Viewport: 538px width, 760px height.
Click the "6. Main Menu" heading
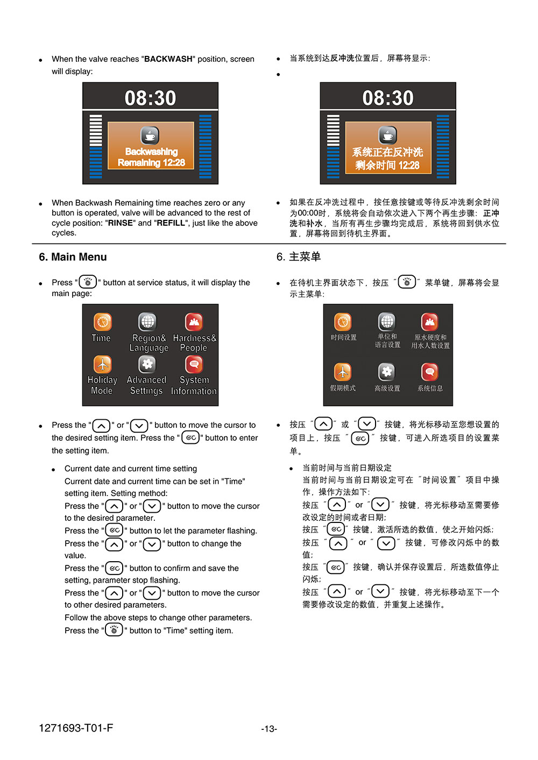point(73,257)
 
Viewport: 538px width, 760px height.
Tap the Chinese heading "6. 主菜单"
point(298,256)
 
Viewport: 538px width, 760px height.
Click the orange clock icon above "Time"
point(102,321)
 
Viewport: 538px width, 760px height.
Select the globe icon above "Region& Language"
point(147,321)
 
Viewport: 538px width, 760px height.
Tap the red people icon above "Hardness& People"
point(194,321)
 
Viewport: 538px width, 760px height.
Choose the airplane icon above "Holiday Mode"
point(102,364)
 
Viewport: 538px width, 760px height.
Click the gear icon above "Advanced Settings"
point(147,364)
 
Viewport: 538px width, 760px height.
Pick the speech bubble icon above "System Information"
point(194,364)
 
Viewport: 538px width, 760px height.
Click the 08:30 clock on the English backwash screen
point(150,98)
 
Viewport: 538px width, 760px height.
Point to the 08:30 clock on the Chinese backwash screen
point(388,98)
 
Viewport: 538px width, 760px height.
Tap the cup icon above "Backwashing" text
point(150,135)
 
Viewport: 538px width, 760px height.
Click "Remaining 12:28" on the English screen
point(151,162)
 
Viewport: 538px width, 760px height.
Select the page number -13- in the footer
point(269,728)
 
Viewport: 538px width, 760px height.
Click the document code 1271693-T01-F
point(76,728)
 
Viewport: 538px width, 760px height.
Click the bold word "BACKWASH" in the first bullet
point(168,59)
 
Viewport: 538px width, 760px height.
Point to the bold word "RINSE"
point(120,223)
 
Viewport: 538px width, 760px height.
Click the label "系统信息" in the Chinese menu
point(430,388)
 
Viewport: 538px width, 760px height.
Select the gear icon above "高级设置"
point(386,372)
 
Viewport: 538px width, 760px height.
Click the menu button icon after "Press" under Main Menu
point(88,282)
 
